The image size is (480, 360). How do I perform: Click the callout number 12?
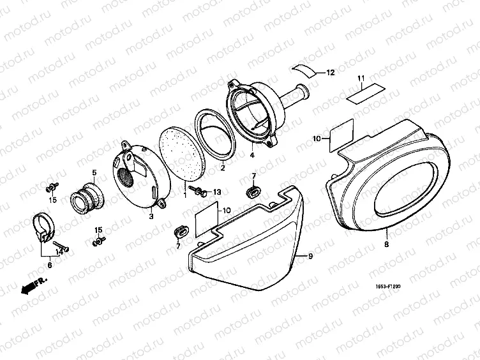coord(330,73)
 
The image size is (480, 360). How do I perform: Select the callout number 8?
coord(386,244)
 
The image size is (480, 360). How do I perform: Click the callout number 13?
coord(216,192)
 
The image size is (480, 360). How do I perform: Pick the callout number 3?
coord(151,217)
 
